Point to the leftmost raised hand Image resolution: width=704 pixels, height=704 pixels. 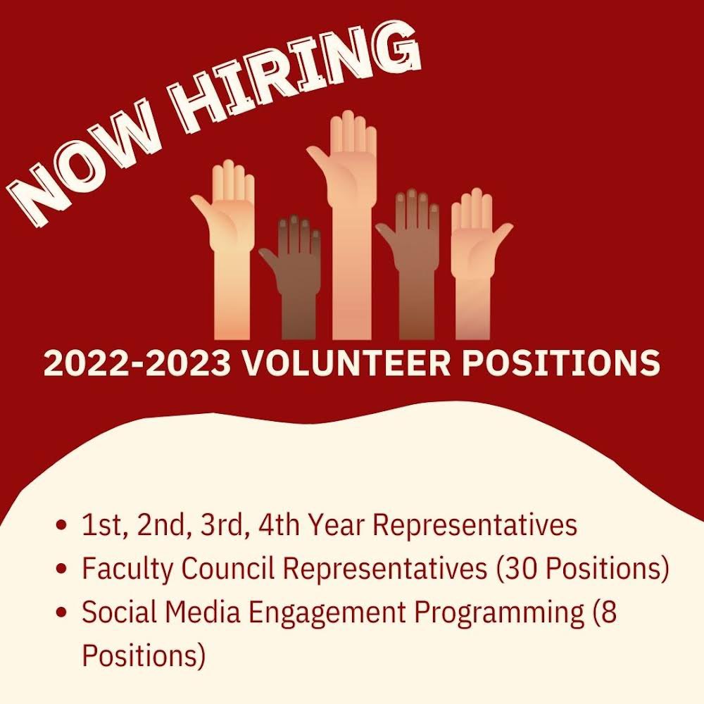(x=225, y=239)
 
